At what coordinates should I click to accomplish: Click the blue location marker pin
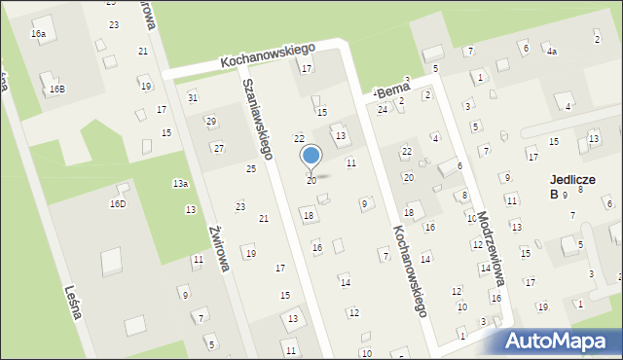pyautogui.click(x=311, y=158)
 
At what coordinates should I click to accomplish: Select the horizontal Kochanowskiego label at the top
pyautogui.click(x=264, y=59)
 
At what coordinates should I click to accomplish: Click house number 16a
pyautogui.click(x=38, y=34)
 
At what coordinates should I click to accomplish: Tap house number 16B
pyautogui.click(x=57, y=90)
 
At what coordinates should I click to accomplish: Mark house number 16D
pyautogui.click(x=118, y=204)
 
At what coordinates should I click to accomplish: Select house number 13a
pyautogui.click(x=180, y=183)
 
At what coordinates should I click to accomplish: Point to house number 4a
pyautogui.click(x=551, y=51)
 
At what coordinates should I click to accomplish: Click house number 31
pyautogui.click(x=193, y=97)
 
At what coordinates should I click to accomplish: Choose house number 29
pyautogui.click(x=210, y=121)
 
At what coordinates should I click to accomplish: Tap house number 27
pyautogui.click(x=219, y=148)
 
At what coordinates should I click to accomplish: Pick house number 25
pyautogui.click(x=251, y=169)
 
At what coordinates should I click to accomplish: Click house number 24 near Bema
pyautogui.click(x=383, y=109)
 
